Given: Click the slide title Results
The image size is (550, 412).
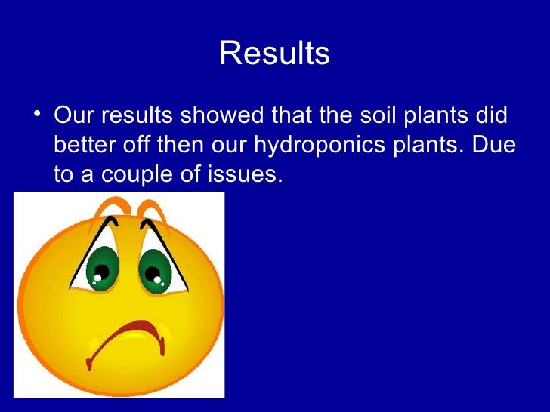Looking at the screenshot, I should (274, 54).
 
